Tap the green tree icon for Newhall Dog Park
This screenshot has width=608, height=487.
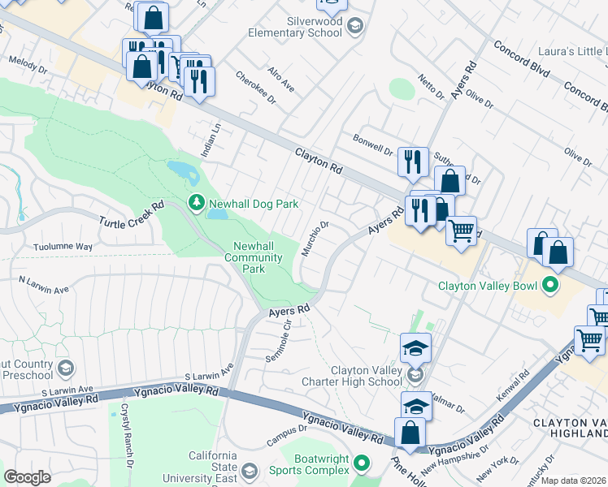pos(196,202)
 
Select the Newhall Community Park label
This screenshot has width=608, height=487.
pos(256,257)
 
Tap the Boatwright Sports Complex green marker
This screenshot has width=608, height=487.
pos(363,464)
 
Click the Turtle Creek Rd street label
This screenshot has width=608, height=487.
pos(132,214)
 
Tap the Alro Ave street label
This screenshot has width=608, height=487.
pos(281,79)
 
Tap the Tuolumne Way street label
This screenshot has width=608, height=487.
pos(63,246)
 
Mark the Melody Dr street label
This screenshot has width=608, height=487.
pos(24,62)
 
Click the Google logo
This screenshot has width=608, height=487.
pos(28,477)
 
